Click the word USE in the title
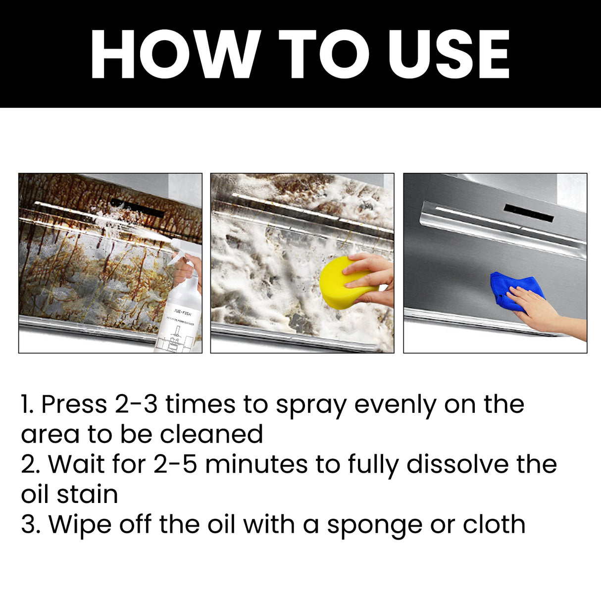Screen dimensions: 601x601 pyautogui.click(x=449, y=54)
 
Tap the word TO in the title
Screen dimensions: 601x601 pyautogui.click(x=324, y=54)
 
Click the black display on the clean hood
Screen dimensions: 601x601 pyautogui.click(x=528, y=212)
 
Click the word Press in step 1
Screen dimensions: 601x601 pyautogui.click(x=74, y=404)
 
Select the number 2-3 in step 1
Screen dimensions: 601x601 pyautogui.click(x=136, y=404)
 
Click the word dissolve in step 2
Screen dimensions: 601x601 pyautogui.click(x=458, y=464)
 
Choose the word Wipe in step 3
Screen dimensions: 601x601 pyautogui.click(x=80, y=525)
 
